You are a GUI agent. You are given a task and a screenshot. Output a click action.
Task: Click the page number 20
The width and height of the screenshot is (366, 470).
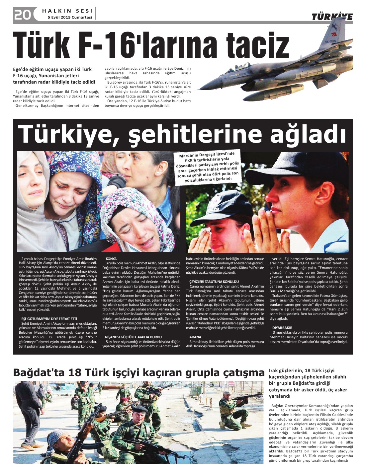(22, 15)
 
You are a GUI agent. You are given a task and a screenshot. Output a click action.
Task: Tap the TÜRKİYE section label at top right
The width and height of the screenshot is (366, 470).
(332, 17)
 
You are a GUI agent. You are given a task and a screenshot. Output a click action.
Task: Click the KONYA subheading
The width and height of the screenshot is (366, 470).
(111, 259)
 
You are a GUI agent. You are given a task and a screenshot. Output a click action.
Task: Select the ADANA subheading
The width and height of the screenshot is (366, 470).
(195, 337)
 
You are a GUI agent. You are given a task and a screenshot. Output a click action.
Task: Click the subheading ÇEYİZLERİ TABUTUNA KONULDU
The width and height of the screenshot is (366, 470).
(214, 282)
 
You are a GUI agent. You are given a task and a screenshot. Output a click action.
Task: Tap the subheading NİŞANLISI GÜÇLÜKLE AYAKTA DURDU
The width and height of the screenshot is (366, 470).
(133, 337)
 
